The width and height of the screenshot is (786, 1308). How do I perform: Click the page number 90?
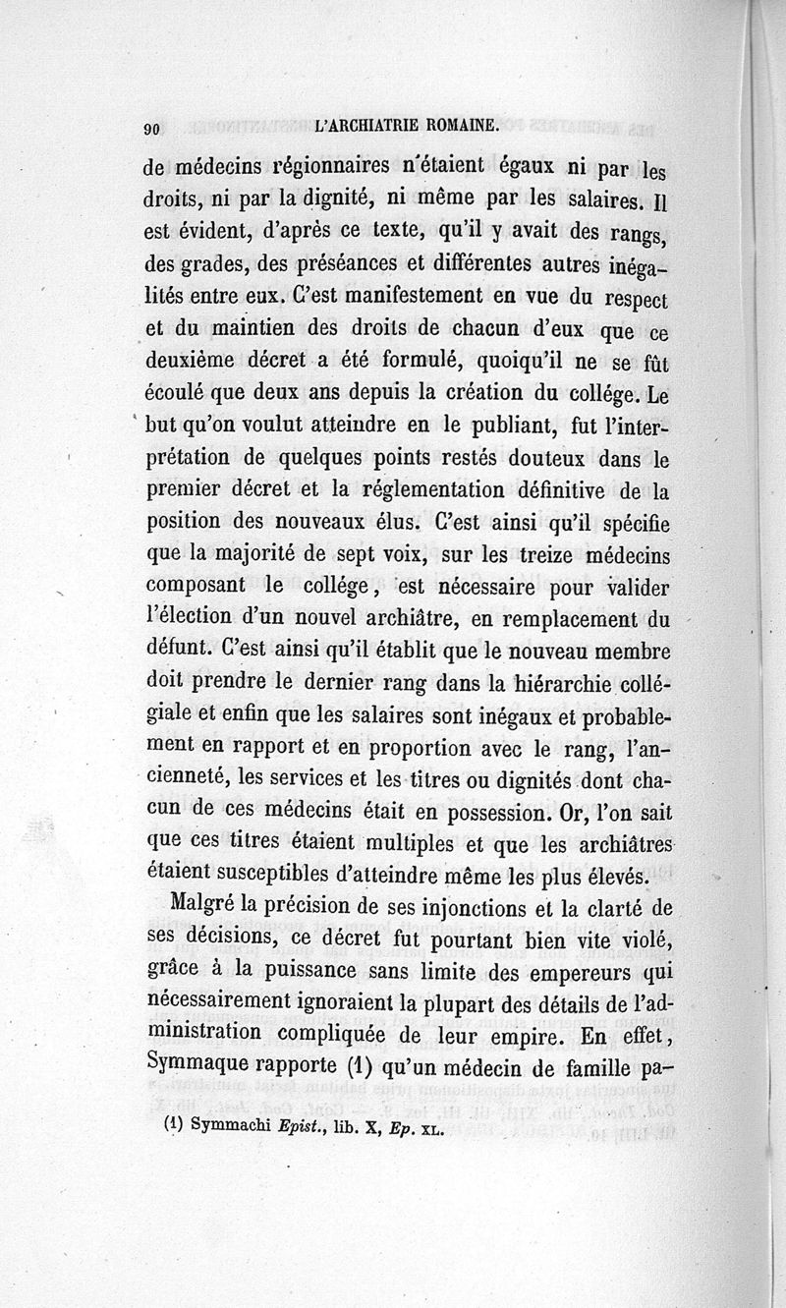pos(151,129)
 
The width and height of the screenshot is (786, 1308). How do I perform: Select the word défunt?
pos(180,650)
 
